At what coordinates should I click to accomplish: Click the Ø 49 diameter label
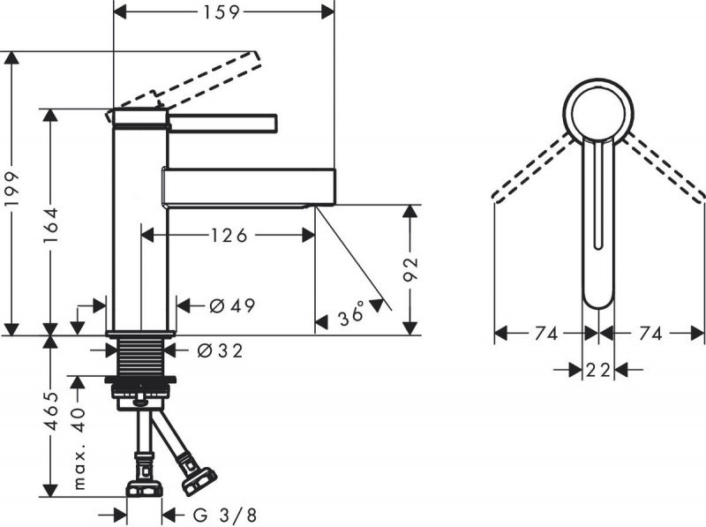[x=232, y=306]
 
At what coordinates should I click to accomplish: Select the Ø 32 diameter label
[x=220, y=350]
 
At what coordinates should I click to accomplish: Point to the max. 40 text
[x=81, y=449]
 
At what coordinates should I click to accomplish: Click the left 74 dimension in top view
[x=545, y=334]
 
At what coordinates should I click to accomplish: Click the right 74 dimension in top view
[x=651, y=334]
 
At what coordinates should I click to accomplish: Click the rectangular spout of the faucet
[x=248, y=186]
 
